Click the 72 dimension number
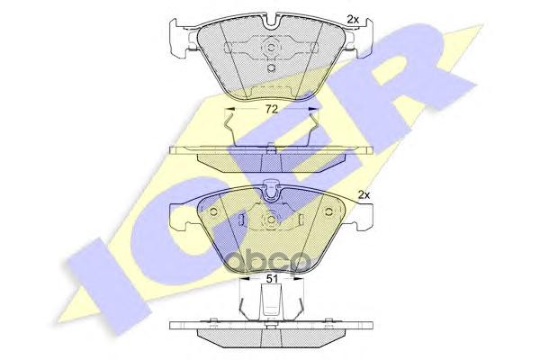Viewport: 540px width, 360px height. (x=271, y=109)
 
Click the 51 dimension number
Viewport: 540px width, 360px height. (x=270, y=279)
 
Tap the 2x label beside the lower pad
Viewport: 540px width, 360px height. (x=364, y=193)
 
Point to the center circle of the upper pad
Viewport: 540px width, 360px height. (x=271, y=48)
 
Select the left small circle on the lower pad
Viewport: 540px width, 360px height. (x=213, y=214)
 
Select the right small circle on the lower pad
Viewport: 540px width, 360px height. (x=328, y=214)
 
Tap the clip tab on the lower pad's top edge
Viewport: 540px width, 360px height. (x=271, y=191)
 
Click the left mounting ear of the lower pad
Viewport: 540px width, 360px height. (x=180, y=216)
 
